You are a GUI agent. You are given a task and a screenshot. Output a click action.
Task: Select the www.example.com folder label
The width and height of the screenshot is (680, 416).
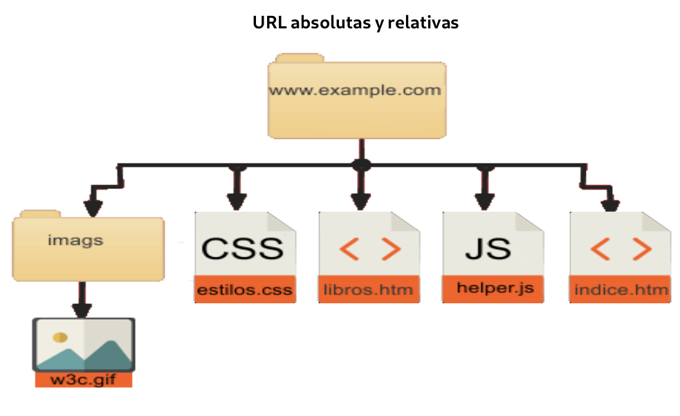coord(355,90)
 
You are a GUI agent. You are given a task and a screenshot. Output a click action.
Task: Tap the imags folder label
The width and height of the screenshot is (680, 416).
coord(75,240)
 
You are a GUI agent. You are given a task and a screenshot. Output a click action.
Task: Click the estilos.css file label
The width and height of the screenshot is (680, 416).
coord(245,290)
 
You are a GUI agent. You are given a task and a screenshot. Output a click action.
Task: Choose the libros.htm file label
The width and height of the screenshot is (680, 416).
coord(368,290)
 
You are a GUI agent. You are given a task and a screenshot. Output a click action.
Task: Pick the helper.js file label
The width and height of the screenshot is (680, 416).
coord(495,288)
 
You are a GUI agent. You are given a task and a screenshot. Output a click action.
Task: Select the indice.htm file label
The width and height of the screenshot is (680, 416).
coord(621,290)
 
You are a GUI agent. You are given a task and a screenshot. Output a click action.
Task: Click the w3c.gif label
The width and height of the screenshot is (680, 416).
coord(83,379)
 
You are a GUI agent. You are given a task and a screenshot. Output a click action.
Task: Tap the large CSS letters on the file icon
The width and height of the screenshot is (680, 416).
coord(242,249)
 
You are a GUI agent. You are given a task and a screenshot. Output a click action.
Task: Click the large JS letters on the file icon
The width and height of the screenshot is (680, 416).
coord(488,249)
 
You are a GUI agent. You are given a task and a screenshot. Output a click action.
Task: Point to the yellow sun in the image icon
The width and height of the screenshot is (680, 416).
coord(60,337)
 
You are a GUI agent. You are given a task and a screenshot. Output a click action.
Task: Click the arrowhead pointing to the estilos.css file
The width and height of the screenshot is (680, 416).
coord(237,202)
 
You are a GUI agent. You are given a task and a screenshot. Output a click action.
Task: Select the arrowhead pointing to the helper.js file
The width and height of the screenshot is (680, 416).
coord(485,202)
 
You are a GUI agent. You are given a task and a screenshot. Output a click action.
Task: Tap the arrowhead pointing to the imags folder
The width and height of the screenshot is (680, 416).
coord(93,208)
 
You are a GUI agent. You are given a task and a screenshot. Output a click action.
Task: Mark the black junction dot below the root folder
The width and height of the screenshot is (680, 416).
coord(361,165)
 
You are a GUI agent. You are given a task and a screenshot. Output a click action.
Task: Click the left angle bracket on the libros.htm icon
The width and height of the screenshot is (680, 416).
coord(349,249)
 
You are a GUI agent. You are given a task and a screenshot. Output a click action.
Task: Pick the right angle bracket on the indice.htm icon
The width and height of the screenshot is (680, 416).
coord(642,249)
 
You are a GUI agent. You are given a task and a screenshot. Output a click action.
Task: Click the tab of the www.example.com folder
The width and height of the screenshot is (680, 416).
coord(300,58)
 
